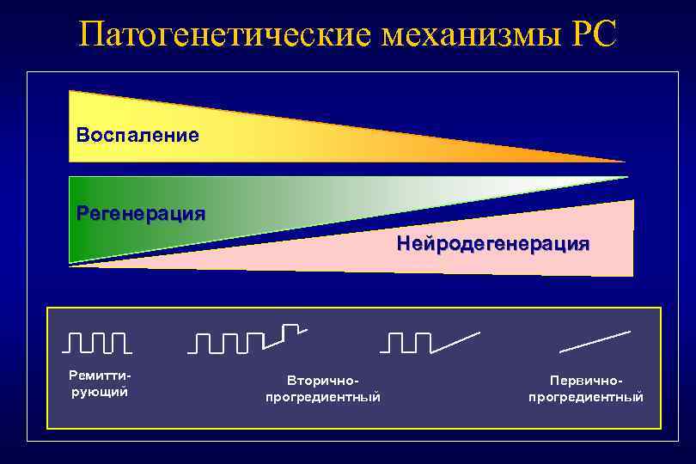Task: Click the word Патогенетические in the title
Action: point(224,34)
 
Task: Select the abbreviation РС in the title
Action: point(593,34)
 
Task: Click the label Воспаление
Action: point(137,136)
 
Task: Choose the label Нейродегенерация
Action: point(493,244)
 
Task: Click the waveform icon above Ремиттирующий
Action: point(97,342)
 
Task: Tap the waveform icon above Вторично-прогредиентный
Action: point(247,339)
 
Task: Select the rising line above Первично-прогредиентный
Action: point(595,341)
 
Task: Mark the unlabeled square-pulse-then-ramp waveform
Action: point(430,341)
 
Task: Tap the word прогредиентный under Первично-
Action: point(586,397)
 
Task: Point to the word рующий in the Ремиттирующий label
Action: point(99,392)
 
